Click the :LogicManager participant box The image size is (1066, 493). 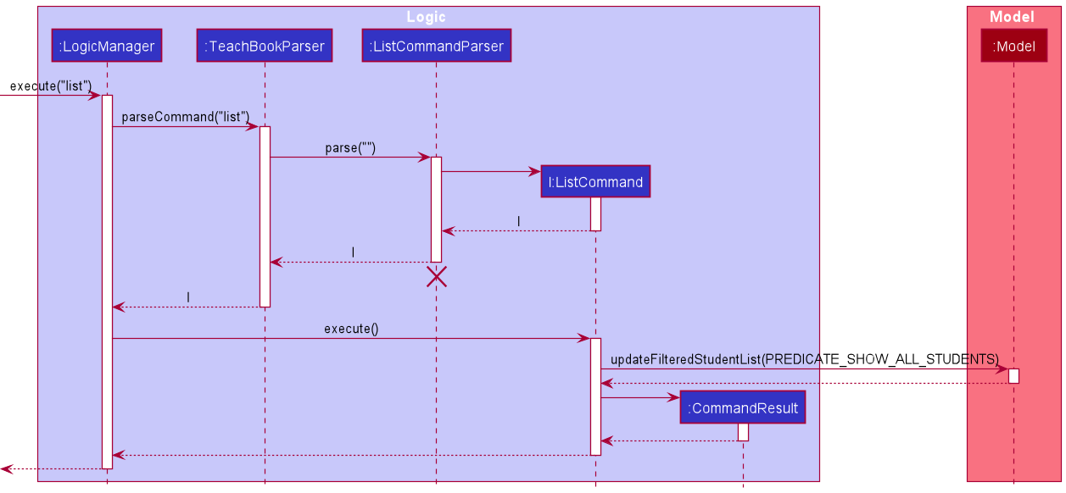tap(107, 46)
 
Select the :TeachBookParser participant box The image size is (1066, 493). tap(265, 46)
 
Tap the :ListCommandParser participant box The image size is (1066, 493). tap(436, 46)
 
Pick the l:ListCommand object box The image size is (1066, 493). tap(595, 181)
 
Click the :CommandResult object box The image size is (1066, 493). tap(743, 408)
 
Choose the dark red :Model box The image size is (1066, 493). tap(1013, 46)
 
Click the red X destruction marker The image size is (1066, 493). tap(436, 277)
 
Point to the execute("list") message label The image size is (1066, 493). tap(51, 86)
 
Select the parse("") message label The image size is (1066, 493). tap(350, 148)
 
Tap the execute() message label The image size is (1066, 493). tap(351, 329)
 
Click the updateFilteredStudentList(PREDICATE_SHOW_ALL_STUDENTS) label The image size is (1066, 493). tap(804, 358)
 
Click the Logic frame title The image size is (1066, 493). tap(426, 17)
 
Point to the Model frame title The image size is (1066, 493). tap(1012, 17)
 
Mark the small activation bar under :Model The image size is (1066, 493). tap(1013, 375)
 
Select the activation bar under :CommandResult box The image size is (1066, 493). tap(743, 432)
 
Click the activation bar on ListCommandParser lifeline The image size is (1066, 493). tap(436, 209)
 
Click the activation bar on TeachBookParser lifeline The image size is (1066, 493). tap(265, 216)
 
